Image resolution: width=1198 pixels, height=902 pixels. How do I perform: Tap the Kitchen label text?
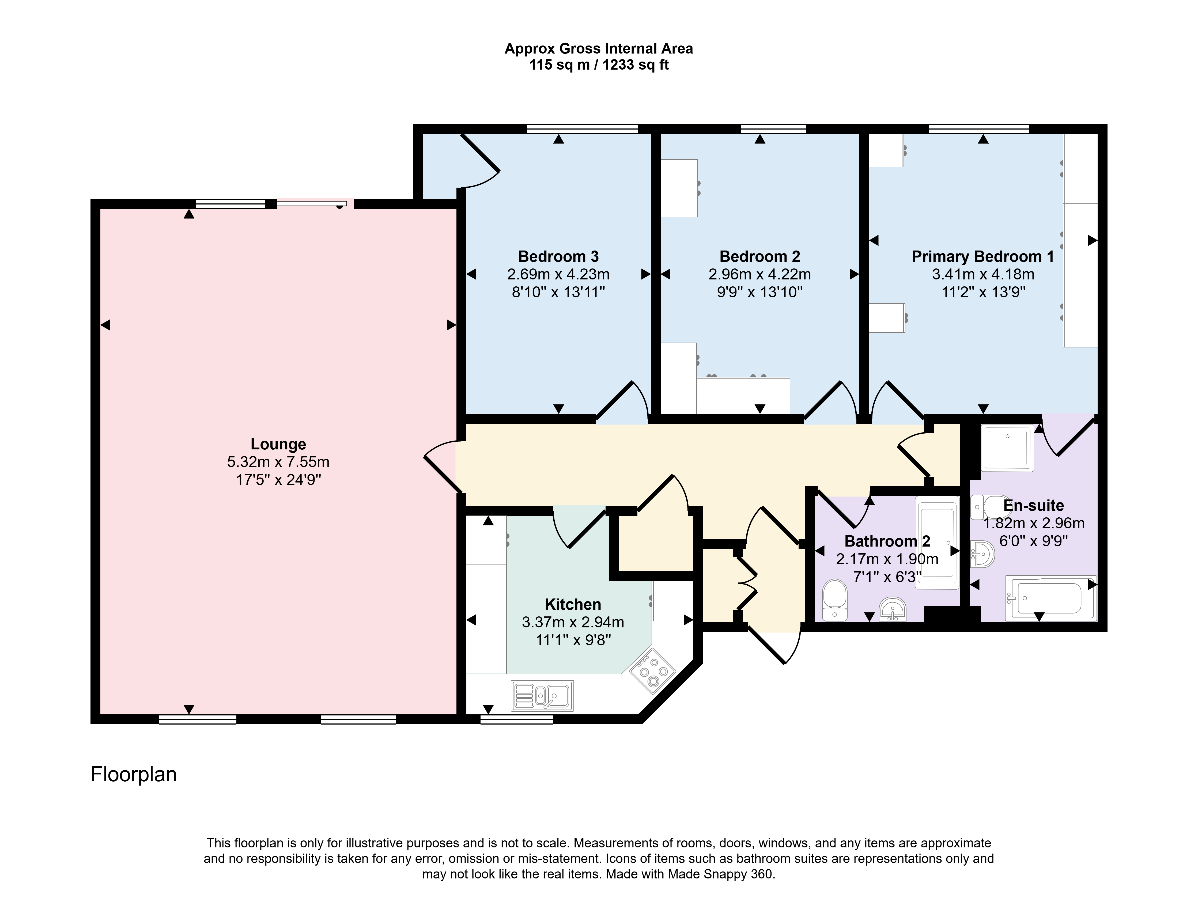point(573,604)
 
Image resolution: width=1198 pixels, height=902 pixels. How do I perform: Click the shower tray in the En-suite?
point(1007,448)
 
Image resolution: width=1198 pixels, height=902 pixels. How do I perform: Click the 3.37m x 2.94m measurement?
point(573,622)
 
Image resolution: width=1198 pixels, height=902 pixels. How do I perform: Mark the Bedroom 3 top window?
point(582,129)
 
